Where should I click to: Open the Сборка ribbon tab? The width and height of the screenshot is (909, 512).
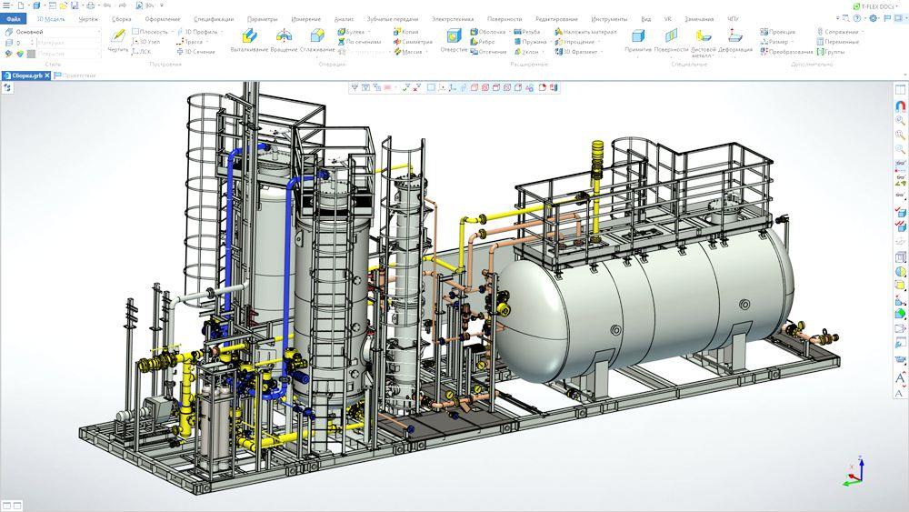(121, 18)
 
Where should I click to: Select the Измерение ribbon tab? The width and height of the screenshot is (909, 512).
(305, 18)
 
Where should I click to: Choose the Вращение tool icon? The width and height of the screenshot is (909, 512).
(284, 36)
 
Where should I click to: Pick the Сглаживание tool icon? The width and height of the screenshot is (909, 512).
(317, 36)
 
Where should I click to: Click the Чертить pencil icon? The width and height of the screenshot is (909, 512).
(117, 36)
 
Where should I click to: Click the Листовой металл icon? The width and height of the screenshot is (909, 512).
(702, 36)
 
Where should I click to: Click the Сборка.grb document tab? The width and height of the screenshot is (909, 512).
(25, 75)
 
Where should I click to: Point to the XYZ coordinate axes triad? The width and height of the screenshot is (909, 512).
(854, 472)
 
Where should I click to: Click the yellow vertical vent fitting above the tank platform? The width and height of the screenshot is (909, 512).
(597, 160)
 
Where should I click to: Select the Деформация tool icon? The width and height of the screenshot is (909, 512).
(734, 36)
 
